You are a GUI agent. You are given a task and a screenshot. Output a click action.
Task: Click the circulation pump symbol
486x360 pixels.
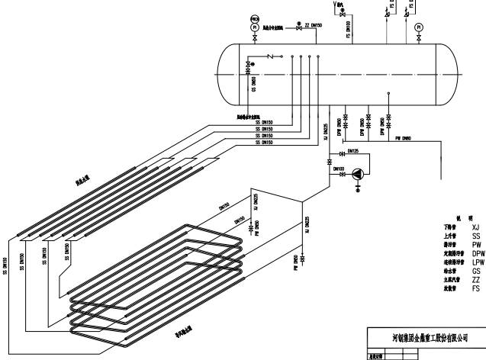[x=359, y=174]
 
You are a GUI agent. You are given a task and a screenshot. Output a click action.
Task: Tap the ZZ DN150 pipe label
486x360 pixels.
[x=314, y=25]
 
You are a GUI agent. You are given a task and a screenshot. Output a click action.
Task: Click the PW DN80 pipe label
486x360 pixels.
[x=404, y=138]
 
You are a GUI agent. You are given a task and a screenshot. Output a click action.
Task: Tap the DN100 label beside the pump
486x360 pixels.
[x=338, y=168]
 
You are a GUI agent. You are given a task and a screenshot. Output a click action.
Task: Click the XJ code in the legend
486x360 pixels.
[x=476, y=227]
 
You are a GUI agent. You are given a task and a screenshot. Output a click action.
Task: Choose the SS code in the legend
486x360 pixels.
[x=476, y=235]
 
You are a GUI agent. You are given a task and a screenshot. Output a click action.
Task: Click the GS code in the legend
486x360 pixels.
[x=476, y=270]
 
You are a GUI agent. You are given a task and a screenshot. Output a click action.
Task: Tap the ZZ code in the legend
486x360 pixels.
[x=476, y=279]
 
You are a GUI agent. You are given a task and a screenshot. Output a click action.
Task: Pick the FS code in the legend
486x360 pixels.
[x=476, y=288]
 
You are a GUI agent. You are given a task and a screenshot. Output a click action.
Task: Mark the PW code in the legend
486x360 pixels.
[x=476, y=244]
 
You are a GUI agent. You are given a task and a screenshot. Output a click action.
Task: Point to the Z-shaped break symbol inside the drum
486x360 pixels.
[x=272, y=56]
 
